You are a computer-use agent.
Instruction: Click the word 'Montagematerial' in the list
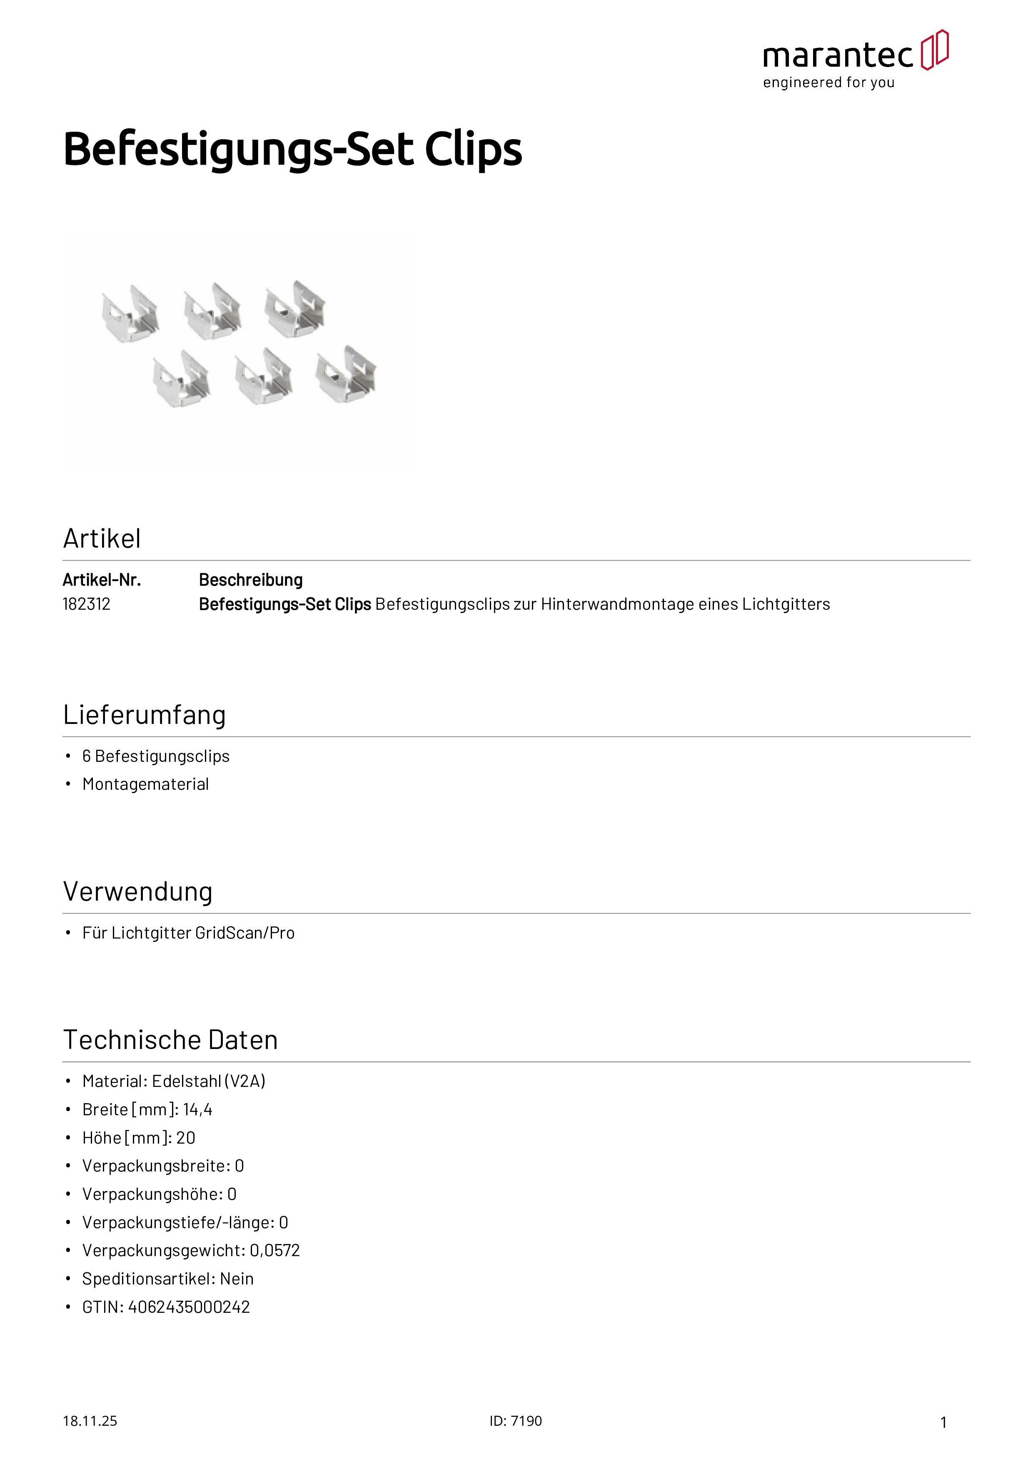tap(146, 784)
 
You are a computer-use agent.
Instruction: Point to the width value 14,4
tap(197, 1109)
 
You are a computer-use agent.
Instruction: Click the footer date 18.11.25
tap(90, 1421)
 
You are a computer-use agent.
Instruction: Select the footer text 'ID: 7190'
tap(516, 1421)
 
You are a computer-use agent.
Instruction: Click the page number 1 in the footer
tap(943, 1422)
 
